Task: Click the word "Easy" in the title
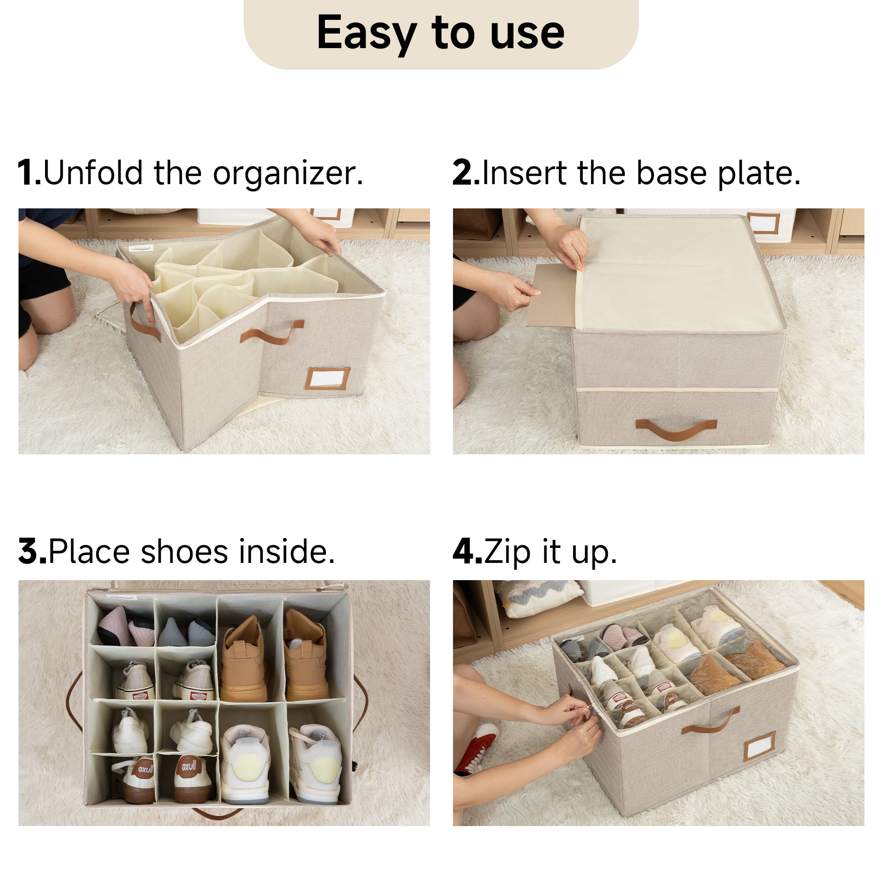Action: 367,34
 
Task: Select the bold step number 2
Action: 465,173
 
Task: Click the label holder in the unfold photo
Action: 328,377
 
